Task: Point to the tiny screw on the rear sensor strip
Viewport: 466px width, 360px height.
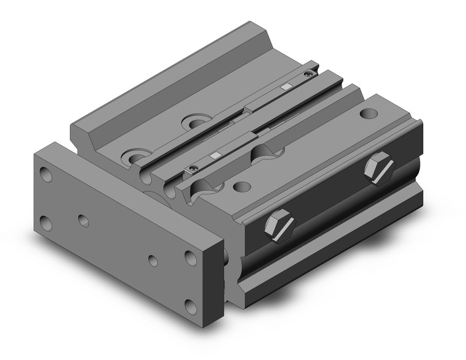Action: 308,74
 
